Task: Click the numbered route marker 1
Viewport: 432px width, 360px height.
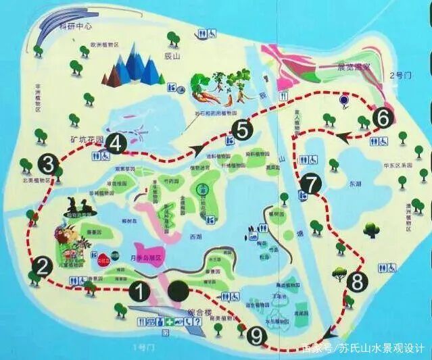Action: pos(139,292)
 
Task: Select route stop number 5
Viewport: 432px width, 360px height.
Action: pos(242,128)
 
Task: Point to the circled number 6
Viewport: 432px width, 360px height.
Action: pos(383,118)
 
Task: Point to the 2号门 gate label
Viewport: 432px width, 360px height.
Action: pos(402,76)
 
